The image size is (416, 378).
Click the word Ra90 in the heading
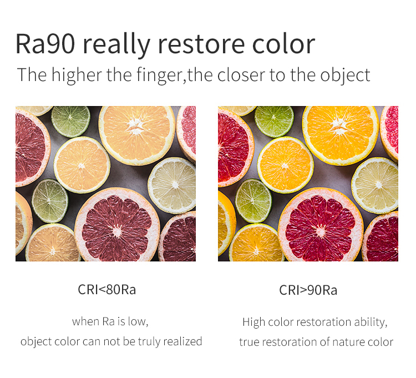pos(45,44)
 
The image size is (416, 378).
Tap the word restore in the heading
pos(201,44)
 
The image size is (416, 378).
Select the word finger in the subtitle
pos(159,75)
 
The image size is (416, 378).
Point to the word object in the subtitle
pos(345,75)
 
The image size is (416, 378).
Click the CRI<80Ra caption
pos(106,289)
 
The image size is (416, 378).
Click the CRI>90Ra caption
pos(308,290)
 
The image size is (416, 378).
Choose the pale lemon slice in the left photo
pos(172,185)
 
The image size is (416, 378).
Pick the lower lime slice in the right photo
pos(253,201)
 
